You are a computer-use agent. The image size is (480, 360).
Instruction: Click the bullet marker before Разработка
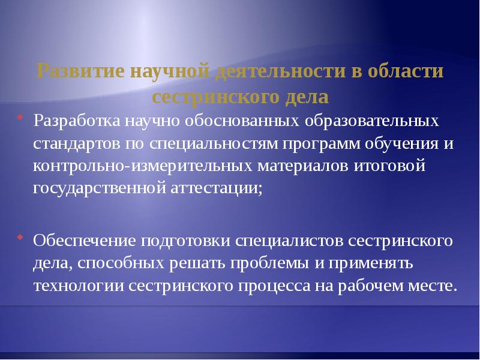pos(20,116)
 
